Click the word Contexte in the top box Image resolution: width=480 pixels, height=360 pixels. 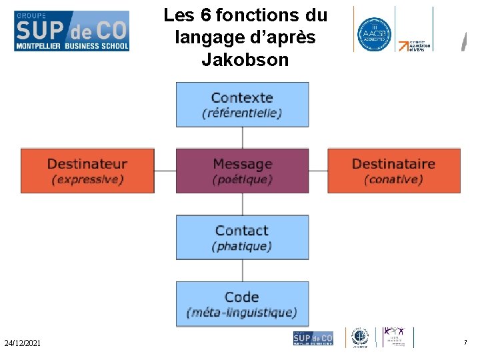point(242,97)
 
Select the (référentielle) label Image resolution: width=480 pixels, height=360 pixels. point(242,113)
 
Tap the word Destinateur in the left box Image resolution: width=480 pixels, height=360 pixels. point(87,164)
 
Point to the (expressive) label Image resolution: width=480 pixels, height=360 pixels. point(87,179)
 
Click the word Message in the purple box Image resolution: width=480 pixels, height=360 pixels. point(242,164)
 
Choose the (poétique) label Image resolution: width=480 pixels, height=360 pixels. point(242,179)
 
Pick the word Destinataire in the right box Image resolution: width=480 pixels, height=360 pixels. point(393,164)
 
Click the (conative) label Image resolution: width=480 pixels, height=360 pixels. point(393,179)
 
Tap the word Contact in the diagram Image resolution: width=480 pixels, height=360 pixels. point(242,231)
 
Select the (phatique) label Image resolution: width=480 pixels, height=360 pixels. point(242,246)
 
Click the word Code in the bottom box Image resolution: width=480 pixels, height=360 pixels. point(242,297)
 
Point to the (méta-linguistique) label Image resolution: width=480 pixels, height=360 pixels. point(242,312)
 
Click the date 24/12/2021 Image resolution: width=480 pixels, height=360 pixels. point(22,343)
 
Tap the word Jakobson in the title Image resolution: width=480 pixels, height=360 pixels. point(245,60)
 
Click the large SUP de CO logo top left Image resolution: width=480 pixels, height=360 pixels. point(72,31)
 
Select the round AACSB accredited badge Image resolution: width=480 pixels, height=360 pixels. point(373,30)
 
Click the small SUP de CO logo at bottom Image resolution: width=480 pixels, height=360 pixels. point(313,338)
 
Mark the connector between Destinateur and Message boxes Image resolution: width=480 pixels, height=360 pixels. point(165,171)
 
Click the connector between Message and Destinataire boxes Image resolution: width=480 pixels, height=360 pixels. point(318,171)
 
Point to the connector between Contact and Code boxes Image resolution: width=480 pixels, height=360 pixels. point(242,271)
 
